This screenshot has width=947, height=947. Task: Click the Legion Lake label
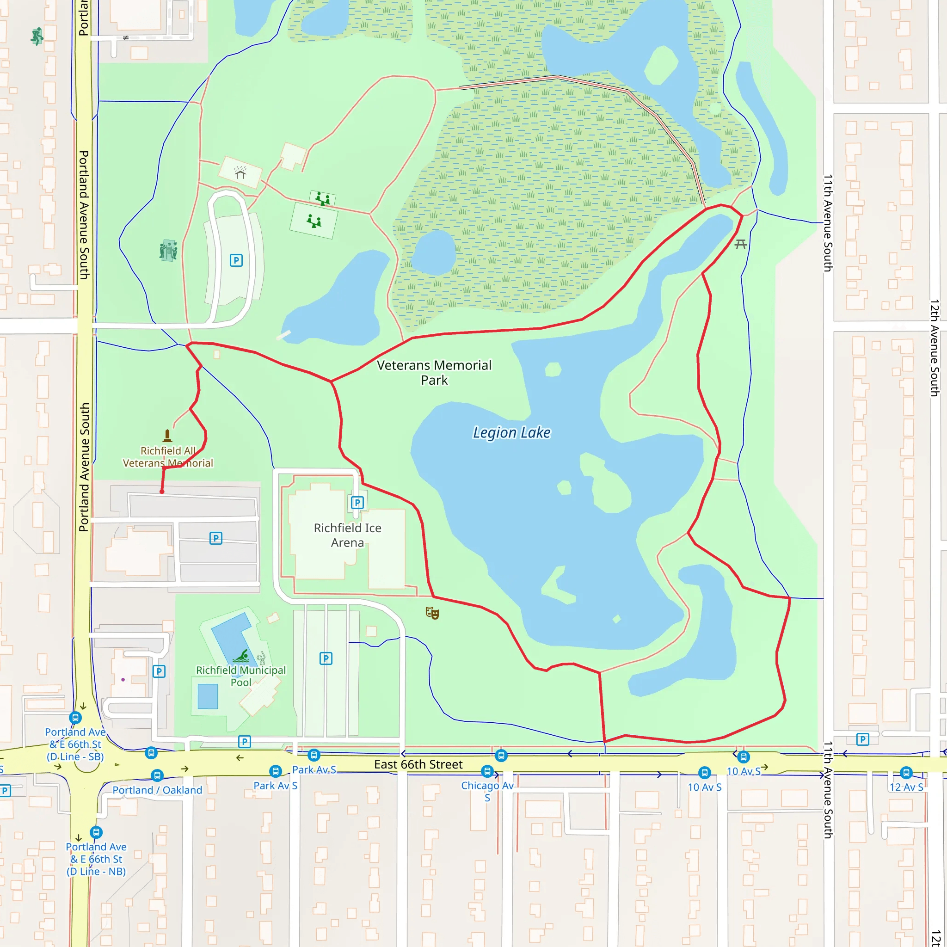(x=511, y=432)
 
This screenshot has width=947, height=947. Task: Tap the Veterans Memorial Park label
(x=434, y=373)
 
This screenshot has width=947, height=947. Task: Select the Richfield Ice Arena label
(x=348, y=535)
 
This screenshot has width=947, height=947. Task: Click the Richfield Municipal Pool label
(x=240, y=676)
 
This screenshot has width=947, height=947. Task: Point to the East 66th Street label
(x=418, y=764)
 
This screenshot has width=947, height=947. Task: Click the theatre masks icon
(x=432, y=613)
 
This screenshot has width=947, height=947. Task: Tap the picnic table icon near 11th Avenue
(x=741, y=244)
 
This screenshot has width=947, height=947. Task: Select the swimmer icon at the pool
(x=242, y=656)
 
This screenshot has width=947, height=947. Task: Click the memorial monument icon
(x=167, y=435)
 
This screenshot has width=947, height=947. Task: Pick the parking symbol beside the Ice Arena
(x=357, y=503)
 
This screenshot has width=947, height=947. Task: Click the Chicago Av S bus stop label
(x=487, y=791)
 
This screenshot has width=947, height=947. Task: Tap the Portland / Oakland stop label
(x=157, y=790)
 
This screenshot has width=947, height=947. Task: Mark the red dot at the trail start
(x=162, y=492)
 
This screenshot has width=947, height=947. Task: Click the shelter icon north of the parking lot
(x=240, y=172)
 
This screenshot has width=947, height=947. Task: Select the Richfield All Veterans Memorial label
(x=168, y=457)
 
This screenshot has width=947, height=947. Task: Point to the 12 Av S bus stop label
(x=906, y=787)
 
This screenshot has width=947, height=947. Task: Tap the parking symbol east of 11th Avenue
(x=863, y=739)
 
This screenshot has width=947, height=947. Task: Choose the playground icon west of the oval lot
(x=168, y=251)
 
